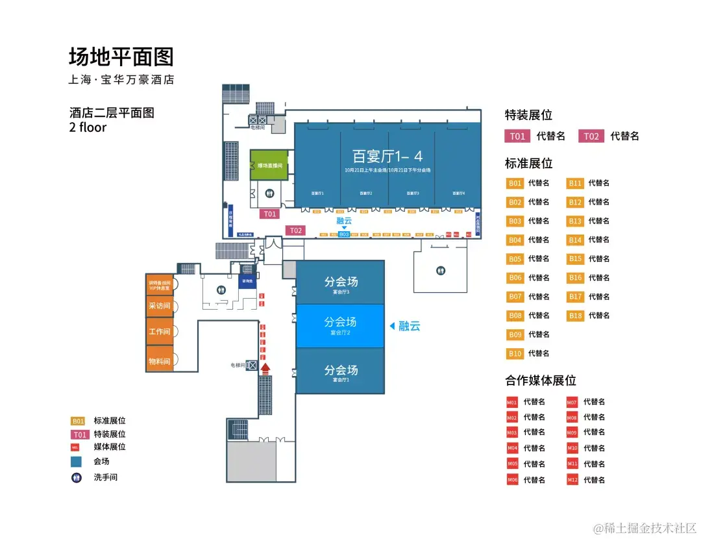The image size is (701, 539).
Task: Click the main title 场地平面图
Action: tap(121, 57)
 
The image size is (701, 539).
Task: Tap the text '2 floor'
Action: tap(88, 127)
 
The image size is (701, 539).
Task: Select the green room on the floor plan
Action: tap(269, 165)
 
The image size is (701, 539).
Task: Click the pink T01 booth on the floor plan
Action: tap(269, 214)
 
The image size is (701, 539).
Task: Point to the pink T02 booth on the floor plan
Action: tap(296, 231)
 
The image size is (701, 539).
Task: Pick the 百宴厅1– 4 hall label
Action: tap(387, 156)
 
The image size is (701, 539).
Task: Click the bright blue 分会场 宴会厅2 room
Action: tap(340, 325)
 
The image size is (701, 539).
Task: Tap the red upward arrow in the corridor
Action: tap(265, 368)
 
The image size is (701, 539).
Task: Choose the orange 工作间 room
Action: tap(159, 332)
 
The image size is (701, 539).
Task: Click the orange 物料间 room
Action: tap(159, 360)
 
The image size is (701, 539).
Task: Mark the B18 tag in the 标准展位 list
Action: tap(576, 316)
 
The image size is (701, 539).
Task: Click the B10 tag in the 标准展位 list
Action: tap(515, 353)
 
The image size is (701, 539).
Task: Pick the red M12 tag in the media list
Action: tap(572, 480)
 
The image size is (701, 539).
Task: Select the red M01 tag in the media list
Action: tap(512, 402)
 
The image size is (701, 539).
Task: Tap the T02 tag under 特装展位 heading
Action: tap(591, 136)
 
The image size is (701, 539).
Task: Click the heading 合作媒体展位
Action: tap(541, 381)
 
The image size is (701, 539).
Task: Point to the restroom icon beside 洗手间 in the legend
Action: tap(77, 477)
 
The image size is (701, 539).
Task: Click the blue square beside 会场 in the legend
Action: tap(77, 462)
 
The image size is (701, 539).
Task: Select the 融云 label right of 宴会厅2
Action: tap(410, 326)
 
